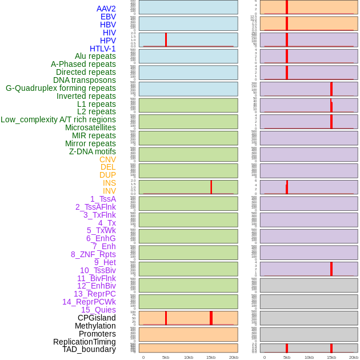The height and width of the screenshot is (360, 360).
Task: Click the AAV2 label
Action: [106, 9]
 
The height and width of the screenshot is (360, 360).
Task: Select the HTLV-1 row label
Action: [102, 49]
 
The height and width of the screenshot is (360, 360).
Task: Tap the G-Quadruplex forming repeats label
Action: [61, 88]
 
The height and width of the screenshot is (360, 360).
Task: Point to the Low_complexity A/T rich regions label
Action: [58, 119]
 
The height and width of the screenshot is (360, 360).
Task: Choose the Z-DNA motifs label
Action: [92, 151]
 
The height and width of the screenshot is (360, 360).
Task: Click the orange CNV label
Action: [107, 159]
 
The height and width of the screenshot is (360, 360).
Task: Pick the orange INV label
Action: [109, 191]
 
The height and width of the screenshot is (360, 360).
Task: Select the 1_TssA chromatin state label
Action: [103, 199]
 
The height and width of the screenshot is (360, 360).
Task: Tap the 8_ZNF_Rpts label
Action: [93, 254]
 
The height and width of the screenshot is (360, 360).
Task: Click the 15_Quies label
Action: [98, 310]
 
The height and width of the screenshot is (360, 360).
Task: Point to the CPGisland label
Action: [97, 318]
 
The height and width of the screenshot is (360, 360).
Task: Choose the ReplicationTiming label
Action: [84, 342]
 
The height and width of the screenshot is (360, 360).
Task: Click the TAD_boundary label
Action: [89, 349]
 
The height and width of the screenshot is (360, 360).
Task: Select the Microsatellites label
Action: [90, 127]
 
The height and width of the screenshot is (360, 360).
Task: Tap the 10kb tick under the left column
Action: [188, 357]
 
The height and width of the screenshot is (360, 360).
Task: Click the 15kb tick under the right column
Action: [331, 357]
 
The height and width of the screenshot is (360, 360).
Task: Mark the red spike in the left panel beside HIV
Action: [166, 39]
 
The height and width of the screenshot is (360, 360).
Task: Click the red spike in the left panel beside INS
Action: [211, 187]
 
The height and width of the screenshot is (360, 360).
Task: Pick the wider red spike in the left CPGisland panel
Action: [211, 318]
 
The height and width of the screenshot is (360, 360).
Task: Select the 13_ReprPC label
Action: [94, 294]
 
